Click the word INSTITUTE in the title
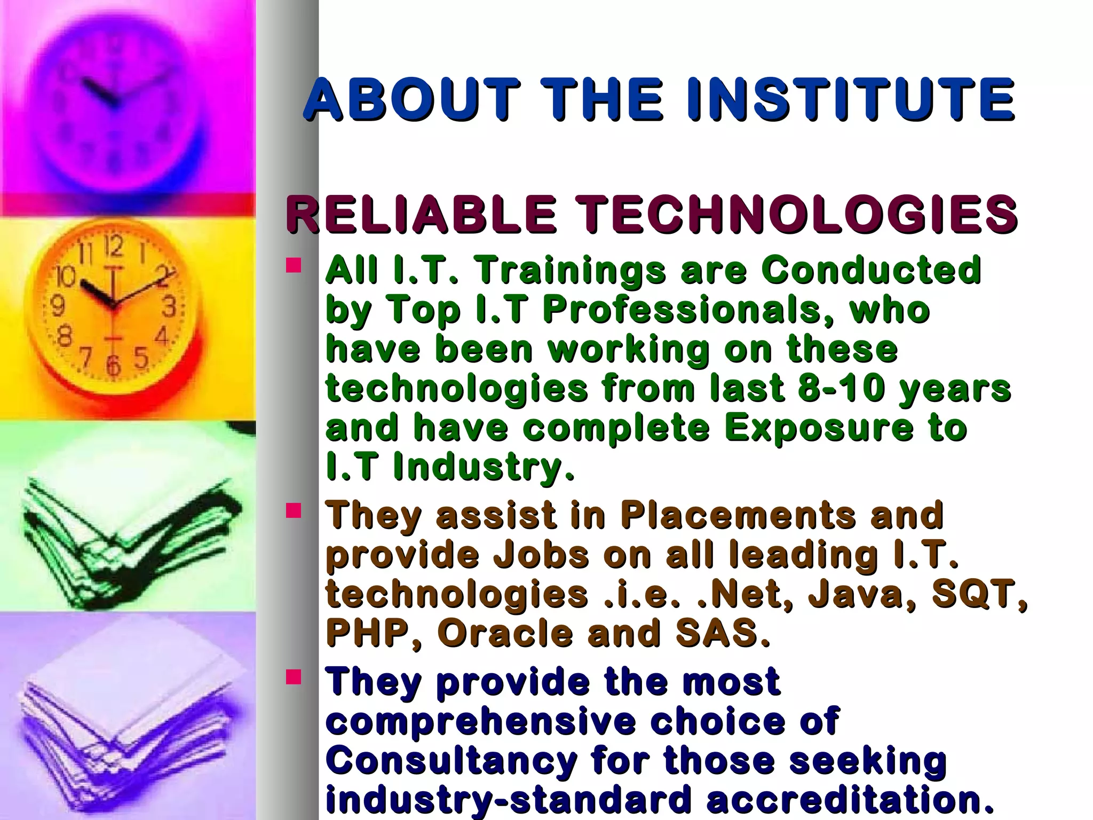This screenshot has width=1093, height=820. tap(851, 99)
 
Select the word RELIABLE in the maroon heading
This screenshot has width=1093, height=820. tap(421, 214)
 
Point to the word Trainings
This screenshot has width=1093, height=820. tap(571, 271)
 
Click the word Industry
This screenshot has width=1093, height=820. tap(484, 467)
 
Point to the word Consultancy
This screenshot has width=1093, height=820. tap(452, 761)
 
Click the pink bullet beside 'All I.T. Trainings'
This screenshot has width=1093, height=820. tap(294, 265)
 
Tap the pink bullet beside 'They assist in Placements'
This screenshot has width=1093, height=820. tap(294, 511)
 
